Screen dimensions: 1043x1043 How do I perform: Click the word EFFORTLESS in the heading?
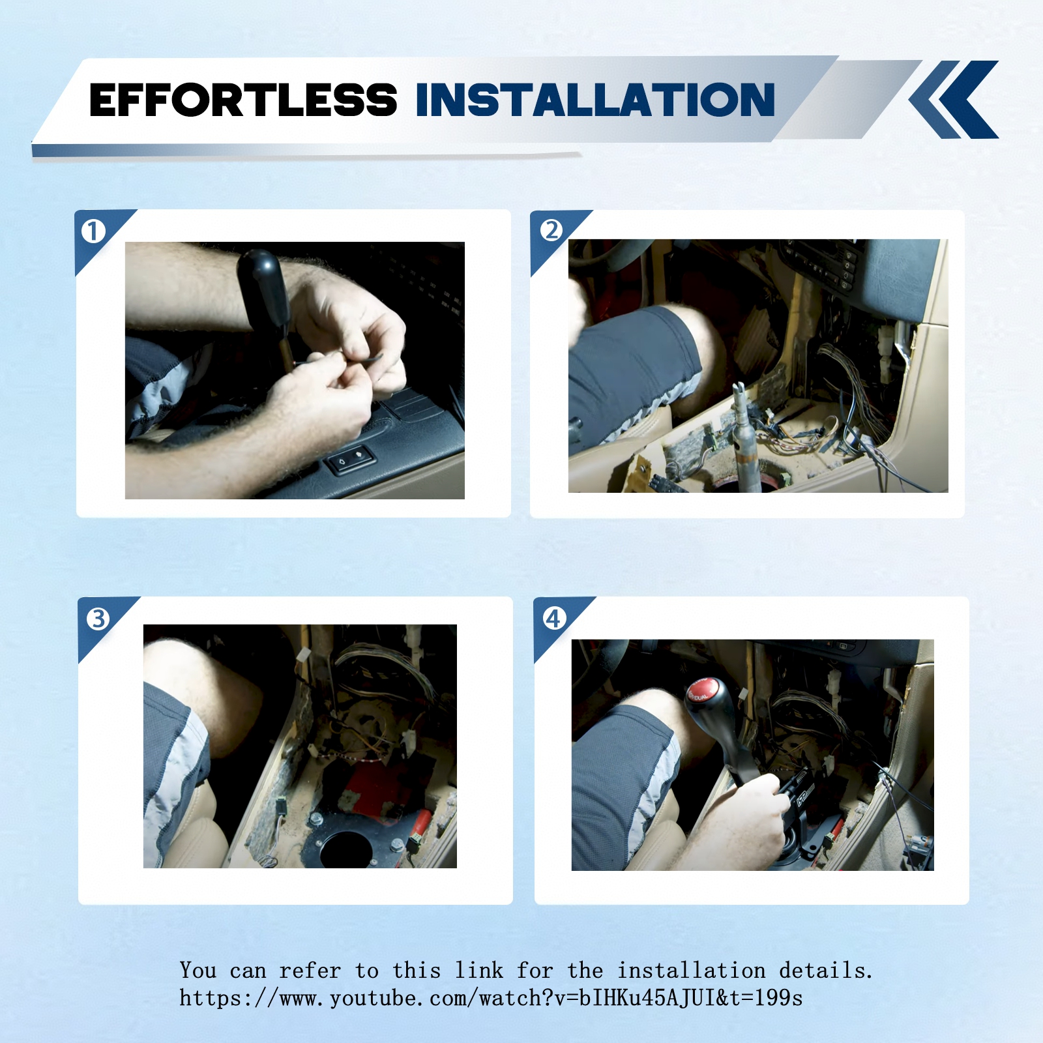coord(242,100)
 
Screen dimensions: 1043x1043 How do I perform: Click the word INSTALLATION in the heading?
coord(595,100)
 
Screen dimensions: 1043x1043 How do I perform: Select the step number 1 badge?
coord(93,231)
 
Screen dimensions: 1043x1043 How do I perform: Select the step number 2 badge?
coord(551,230)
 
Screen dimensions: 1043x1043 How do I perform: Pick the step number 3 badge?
coord(98,618)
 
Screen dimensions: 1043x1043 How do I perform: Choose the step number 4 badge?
coord(554,618)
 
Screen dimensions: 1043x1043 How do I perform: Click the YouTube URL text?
coord(491,998)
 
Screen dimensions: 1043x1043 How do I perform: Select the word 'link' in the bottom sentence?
coord(479,970)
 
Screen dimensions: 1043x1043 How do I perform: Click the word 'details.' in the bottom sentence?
coord(826,970)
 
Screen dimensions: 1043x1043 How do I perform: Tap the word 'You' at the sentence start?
coord(198,970)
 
